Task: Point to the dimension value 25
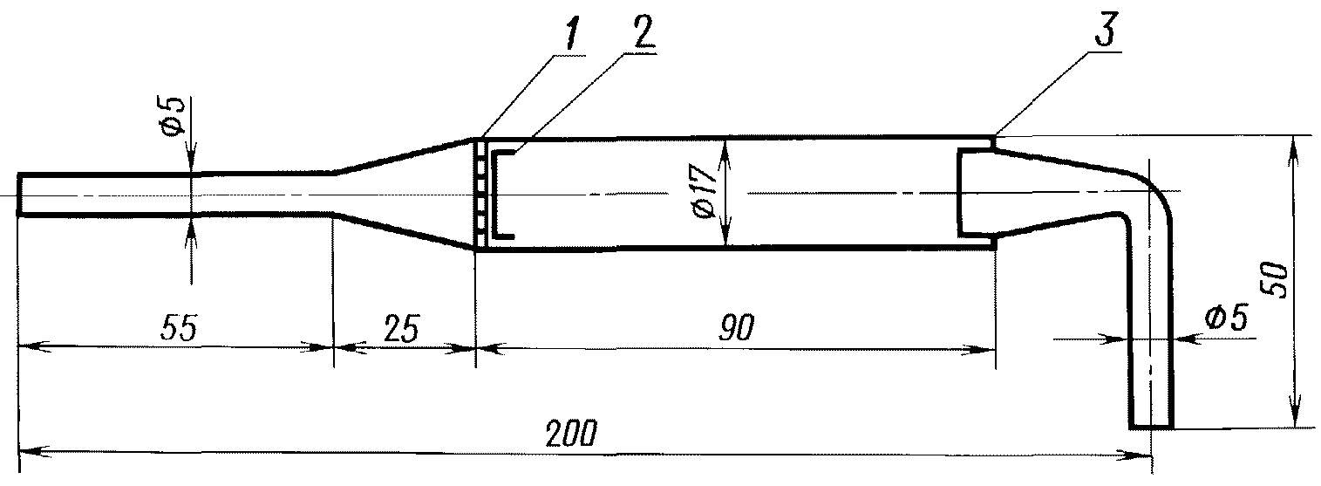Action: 400,328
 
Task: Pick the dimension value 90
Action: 737,328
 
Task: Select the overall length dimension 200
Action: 571,432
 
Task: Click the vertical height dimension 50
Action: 1277,279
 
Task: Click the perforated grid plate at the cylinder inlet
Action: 479,193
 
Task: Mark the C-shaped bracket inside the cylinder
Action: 500,195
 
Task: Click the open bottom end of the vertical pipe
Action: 1151,428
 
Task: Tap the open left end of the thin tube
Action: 19,193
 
